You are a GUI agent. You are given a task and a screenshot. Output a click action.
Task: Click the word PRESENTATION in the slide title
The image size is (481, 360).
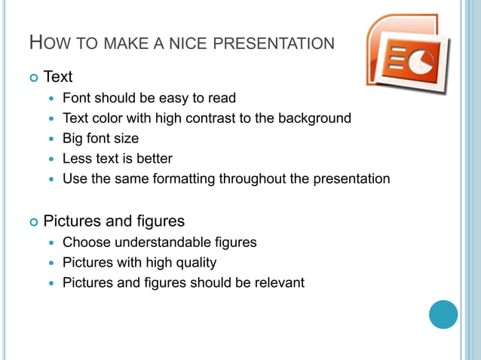[x=274, y=44]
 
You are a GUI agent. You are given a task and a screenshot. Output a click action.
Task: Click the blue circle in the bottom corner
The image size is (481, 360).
[x=443, y=314]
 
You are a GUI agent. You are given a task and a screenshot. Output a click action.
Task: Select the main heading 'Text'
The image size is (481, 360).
[x=58, y=77]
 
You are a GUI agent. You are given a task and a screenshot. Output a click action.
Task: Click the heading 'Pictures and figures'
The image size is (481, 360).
[x=114, y=221]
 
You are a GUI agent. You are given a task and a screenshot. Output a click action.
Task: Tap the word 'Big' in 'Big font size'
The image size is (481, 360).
[x=74, y=139]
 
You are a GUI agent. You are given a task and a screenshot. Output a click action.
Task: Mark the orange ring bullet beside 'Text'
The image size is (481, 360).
[x=33, y=78]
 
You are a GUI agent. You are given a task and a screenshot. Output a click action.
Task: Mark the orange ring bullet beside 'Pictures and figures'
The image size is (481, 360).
[x=33, y=222]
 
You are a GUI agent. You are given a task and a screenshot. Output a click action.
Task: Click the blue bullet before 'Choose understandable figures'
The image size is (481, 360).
[x=51, y=243]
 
